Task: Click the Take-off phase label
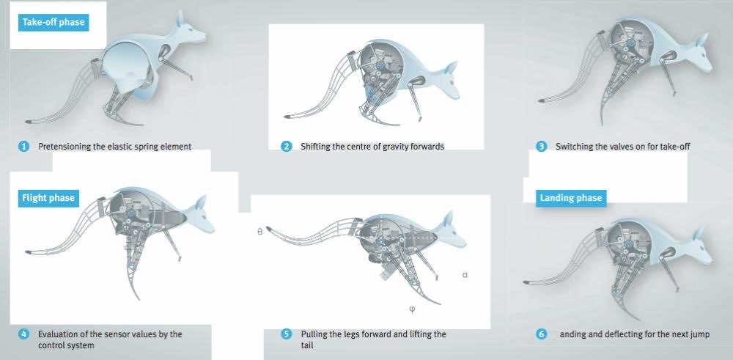tap(54, 22)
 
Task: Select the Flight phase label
tap(48, 198)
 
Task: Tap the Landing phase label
tap(571, 198)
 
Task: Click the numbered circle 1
tap(24, 147)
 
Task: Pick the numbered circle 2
tap(286, 147)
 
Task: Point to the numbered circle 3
tap(542, 147)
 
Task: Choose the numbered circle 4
tap(24, 334)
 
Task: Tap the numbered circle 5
tap(286, 334)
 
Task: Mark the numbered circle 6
tap(542, 334)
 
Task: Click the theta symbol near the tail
tap(260, 231)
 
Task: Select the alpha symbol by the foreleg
tap(465, 275)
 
